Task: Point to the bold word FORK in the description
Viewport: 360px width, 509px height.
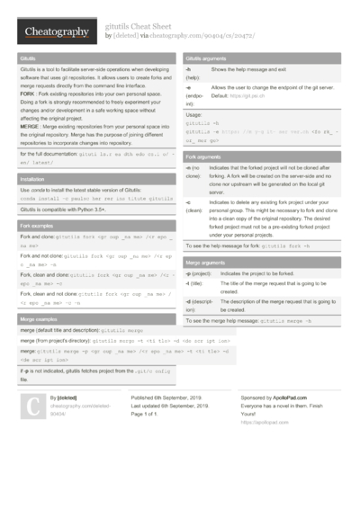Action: [26, 94]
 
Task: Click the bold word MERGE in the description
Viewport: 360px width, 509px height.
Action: [29, 126]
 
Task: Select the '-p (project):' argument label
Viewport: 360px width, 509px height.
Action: [198, 272]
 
